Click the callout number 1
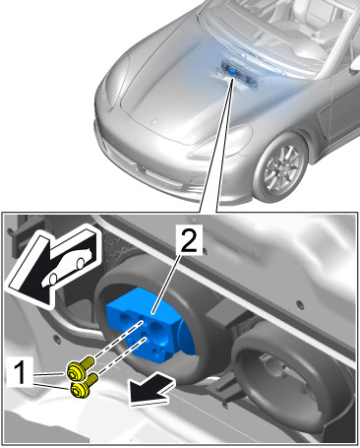20,371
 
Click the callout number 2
189,239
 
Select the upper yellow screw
80,369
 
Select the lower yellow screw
82,387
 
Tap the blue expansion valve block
150,324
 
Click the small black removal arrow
150,389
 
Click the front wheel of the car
281,168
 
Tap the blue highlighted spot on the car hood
232,72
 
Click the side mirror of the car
355,66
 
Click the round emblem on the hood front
152,121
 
